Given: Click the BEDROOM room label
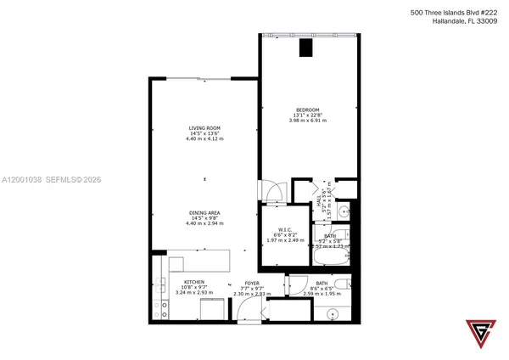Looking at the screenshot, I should [307, 110].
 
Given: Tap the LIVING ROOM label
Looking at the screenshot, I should [204, 128].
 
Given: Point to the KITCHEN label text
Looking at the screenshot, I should [195, 283].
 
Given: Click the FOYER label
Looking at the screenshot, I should [252, 283].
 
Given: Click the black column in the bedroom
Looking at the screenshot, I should [304, 48].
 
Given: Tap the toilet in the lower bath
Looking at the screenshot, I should [341, 285].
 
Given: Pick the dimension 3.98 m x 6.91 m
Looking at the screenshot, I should [307, 121].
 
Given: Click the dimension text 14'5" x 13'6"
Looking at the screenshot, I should [204, 133].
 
